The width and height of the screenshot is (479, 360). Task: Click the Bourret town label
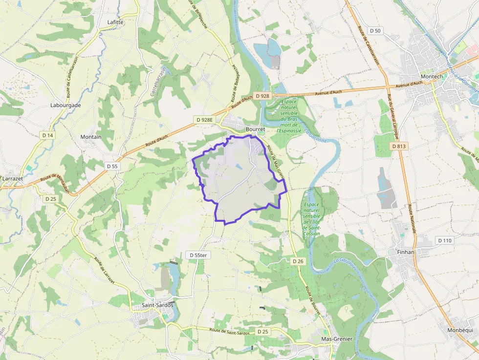pyautogui.click(x=255, y=129)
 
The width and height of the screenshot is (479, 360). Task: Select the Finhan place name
pyautogui.click(x=404, y=252)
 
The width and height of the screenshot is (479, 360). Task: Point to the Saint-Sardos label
pyautogui.click(x=157, y=305)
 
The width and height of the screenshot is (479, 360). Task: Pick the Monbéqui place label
pyautogui.click(x=460, y=330)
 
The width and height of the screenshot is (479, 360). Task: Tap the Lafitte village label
pyautogui.click(x=115, y=22)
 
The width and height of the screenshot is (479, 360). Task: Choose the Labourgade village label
pyautogui.click(x=65, y=105)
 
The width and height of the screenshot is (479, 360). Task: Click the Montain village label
pyautogui.click(x=91, y=137)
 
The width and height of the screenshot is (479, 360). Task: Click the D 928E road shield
pyautogui.click(x=205, y=120)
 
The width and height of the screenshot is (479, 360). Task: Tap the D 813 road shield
pyautogui.click(x=399, y=146)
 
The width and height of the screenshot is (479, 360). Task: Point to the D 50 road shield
pyautogui.click(x=375, y=31)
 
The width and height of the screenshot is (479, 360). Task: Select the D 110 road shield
pyautogui.click(x=445, y=240)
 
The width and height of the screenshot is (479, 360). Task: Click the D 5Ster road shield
pyautogui.click(x=198, y=255)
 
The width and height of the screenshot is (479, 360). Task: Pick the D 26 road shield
pyautogui.click(x=298, y=261)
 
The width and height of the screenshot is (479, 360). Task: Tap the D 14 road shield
pyautogui.click(x=47, y=135)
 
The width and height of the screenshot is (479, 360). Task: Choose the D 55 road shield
pyautogui.click(x=112, y=166)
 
